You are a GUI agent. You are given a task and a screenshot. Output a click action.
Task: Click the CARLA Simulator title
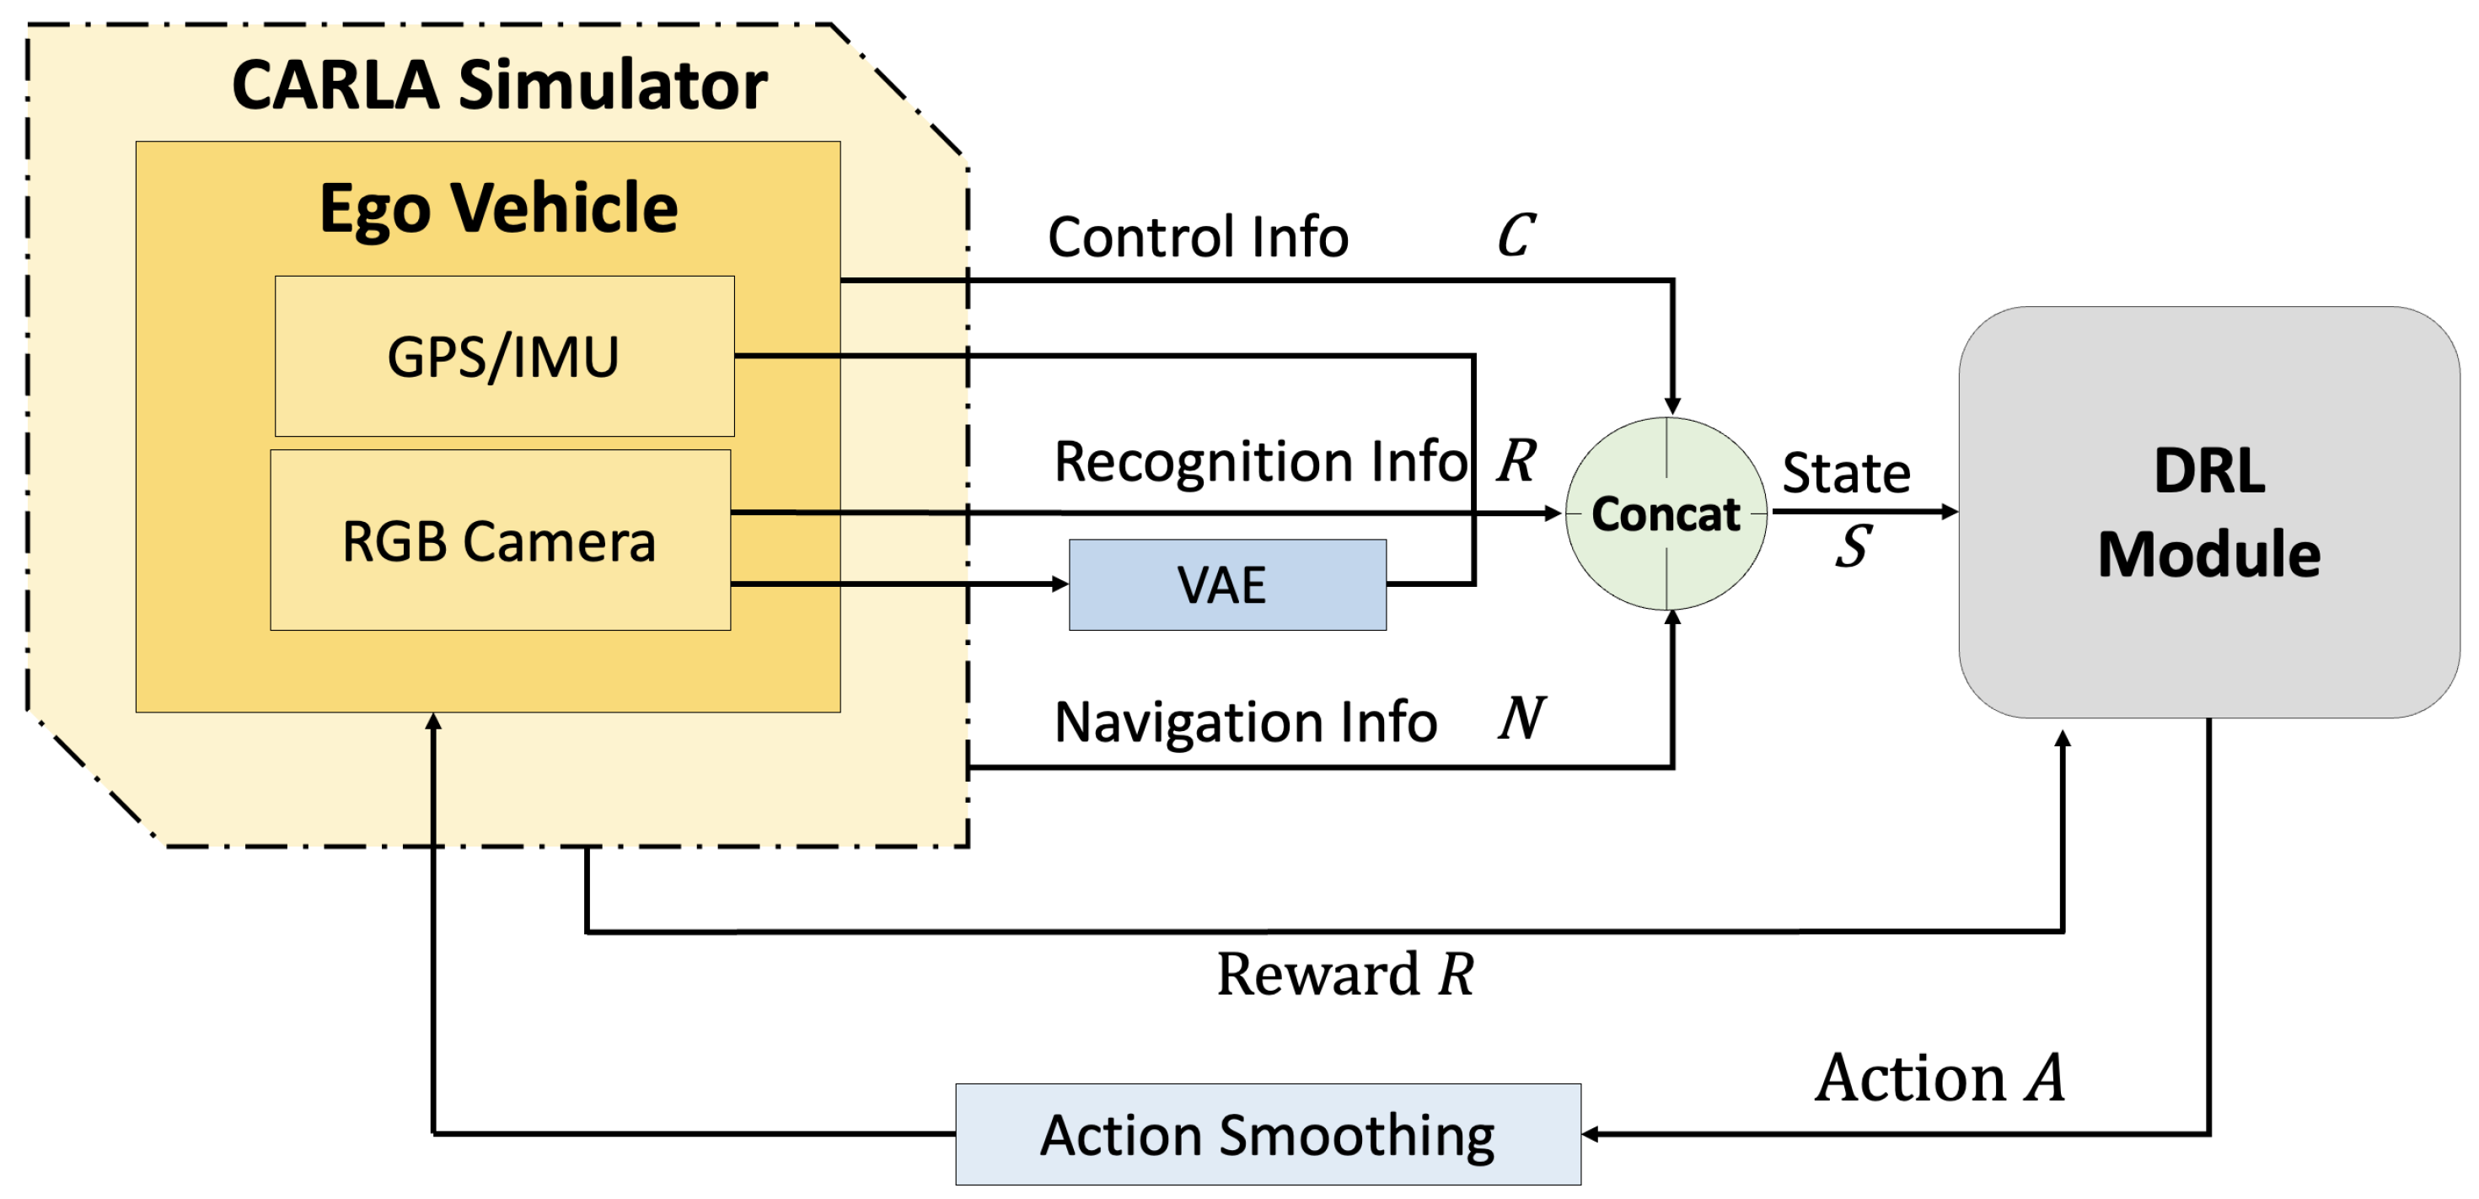coord(500,84)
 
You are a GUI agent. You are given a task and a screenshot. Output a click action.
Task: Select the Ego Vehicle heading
coord(498,208)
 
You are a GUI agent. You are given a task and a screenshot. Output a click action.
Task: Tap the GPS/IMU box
coord(504,356)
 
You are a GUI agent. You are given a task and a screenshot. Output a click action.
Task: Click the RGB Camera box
coord(500,540)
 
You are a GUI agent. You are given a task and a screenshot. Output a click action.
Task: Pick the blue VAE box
coord(1227,585)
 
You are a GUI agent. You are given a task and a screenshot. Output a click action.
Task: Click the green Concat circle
coord(1666,513)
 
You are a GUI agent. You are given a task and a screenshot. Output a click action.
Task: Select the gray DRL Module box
coord(2208,512)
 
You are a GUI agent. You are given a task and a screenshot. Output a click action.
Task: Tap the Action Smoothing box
coord(1268,1135)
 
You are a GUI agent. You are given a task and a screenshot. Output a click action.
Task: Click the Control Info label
coord(1198,237)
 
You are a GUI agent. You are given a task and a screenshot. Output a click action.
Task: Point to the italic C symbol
coord(1516,236)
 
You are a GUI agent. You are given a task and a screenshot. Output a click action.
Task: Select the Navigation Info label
coord(1245,722)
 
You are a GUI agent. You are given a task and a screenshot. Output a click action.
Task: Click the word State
coord(1846,472)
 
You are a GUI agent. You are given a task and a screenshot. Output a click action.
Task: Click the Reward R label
coord(1344,974)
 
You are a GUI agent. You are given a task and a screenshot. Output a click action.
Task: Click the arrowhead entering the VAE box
coord(1060,584)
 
